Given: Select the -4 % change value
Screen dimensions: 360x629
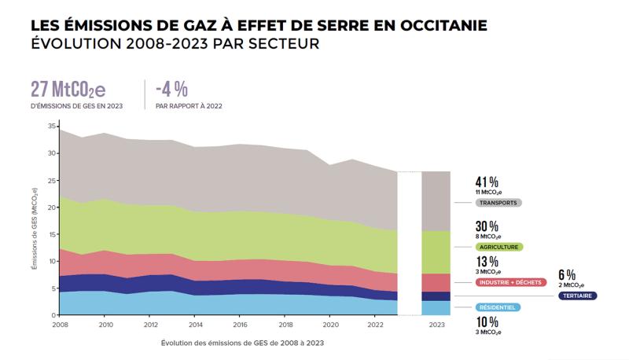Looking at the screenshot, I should click(x=171, y=88).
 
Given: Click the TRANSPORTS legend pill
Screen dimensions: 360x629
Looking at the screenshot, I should click(x=499, y=203).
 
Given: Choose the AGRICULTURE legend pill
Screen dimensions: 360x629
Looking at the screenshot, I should click(x=500, y=246).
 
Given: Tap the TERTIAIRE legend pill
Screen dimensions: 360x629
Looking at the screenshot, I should click(x=577, y=296).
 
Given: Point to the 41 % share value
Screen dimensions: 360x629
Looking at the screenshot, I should click(x=487, y=182).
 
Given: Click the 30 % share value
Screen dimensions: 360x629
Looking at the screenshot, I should click(x=487, y=226).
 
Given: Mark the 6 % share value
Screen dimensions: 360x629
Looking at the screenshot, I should click(x=566, y=275).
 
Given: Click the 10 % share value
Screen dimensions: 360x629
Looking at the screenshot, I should click(x=487, y=323).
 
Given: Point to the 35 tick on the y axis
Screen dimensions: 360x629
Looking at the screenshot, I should click(x=52, y=127).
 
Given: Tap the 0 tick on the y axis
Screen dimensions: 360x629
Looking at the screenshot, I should click(x=54, y=314).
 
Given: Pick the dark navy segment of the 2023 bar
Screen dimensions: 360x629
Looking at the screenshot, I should click(x=436, y=296).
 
